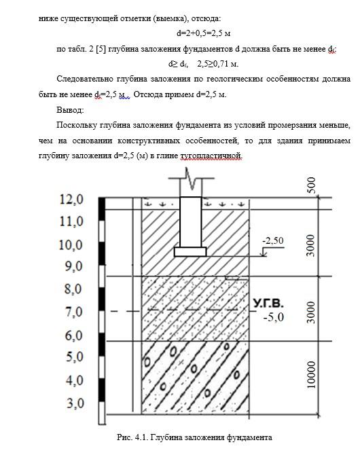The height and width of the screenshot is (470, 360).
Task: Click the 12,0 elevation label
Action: pos(71,199)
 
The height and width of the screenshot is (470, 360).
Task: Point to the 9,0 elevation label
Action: pos(74,266)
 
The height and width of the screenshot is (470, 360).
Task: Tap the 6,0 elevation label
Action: pos(74,335)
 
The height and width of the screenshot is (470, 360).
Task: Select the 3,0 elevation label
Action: pos(75,403)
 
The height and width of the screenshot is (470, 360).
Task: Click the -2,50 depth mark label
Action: pos(273,240)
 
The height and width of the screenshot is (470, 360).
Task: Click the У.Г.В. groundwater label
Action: pos(268,304)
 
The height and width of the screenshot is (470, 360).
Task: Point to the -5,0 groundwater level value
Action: pos(273,317)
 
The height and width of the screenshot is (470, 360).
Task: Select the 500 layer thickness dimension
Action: pos(312,185)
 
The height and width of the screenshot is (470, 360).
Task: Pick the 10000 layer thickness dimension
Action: pos(312,374)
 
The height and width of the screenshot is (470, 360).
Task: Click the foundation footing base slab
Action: pos(190,252)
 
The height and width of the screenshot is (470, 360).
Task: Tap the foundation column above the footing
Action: pos(190,222)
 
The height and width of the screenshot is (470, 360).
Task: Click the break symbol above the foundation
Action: pos(191,179)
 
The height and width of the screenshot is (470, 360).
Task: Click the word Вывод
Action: pos(70,110)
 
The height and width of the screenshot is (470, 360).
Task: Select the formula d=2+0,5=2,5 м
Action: pos(204,33)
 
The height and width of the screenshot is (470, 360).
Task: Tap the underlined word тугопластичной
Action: pos(211,156)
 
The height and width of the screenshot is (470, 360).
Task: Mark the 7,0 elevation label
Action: pos(74,312)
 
